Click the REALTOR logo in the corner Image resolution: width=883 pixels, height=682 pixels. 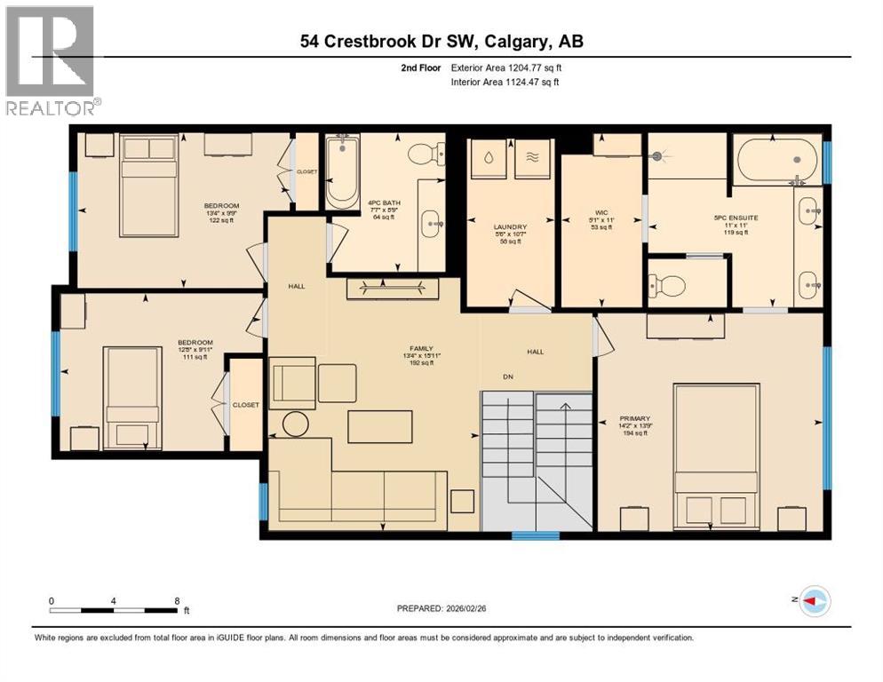point(52,60)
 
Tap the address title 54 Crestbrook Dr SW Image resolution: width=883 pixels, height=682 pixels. point(441,41)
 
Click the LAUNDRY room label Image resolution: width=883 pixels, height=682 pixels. point(510,227)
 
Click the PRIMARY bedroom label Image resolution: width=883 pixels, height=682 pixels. point(635,418)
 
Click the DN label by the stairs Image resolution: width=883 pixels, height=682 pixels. point(508,377)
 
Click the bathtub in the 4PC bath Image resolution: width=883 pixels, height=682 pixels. point(342,172)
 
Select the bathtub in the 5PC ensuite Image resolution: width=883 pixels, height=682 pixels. point(776,160)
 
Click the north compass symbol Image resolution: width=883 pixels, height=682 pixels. point(813,602)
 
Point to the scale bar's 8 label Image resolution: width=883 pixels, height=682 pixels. point(178,600)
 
